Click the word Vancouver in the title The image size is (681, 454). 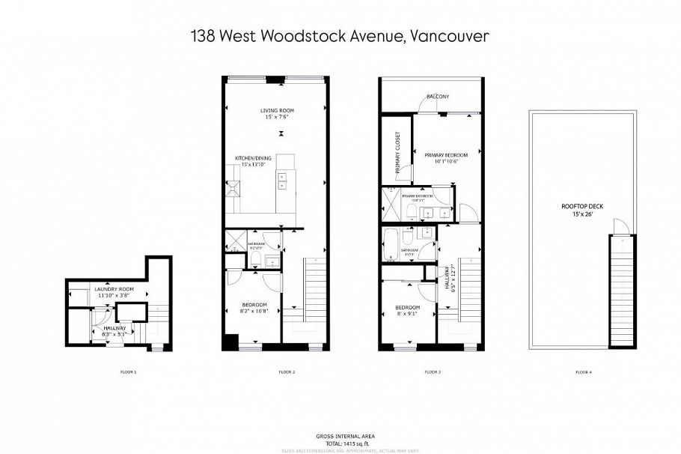pos(449,35)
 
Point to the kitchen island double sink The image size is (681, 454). pos(284,180)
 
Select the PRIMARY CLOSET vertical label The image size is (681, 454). pos(397,151)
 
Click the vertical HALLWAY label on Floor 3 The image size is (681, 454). pos(445,279)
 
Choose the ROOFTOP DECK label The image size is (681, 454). pos(582,206)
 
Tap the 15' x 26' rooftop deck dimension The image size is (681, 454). pos(582,214)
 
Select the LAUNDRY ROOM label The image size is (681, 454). pos(114,288)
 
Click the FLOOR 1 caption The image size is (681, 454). pos(129,372)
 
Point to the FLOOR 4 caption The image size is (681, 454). pos(583,372)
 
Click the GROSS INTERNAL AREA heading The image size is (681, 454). pos(341,435)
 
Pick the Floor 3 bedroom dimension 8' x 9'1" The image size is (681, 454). pos(407,313)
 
